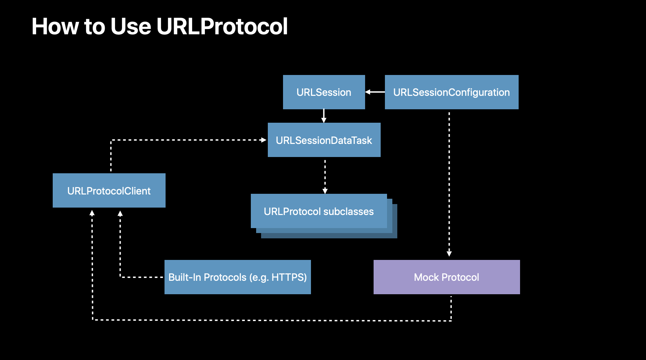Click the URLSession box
click(x=324, y=92)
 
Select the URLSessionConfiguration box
click(x=451, y=92)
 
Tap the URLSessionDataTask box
click(x=324, y=140)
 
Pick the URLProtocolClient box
click(x=109, y=190)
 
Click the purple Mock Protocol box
click(x=447, y=277)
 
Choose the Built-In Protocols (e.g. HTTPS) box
click(x=238, y=277)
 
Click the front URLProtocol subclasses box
click(x=319, y=211)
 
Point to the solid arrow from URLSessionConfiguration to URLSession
click(x=375, y=92)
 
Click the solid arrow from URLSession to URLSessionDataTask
click(x=324, y=116)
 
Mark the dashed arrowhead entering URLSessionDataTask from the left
click(x=264, y=140)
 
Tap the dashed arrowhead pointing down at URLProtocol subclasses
click(x=325, y=191)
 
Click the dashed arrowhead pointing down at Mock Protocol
click(x=449, y=254)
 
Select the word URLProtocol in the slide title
click(x=222, y=26)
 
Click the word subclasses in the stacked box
click(x=348, y=211)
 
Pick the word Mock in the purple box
click(x=426, y=277)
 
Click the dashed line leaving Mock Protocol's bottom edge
click(x=451, y=308)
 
